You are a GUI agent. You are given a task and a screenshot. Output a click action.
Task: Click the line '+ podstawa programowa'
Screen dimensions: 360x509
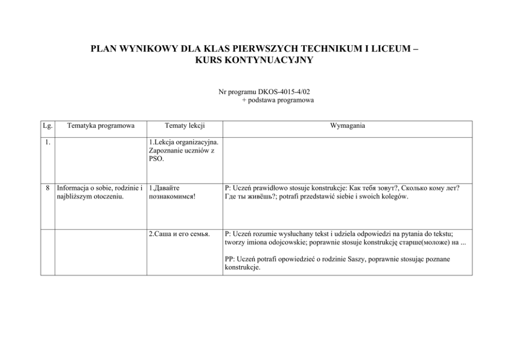[x=278, y=100]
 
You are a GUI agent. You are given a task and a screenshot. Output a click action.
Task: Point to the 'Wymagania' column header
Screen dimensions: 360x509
[x=347, y=125]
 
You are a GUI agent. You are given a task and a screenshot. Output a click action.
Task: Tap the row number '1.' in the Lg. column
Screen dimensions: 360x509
[x=47, y=143]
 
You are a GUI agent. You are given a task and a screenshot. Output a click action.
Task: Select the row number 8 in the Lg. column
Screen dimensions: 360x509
[x=48, y=188]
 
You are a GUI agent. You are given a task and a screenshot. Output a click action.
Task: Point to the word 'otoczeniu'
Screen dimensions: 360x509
[x=109, y=196]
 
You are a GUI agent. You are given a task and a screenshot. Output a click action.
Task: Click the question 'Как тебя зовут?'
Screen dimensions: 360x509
[x=373, y=188]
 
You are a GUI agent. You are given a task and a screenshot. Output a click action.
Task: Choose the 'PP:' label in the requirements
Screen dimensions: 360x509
[x=230, y=259]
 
